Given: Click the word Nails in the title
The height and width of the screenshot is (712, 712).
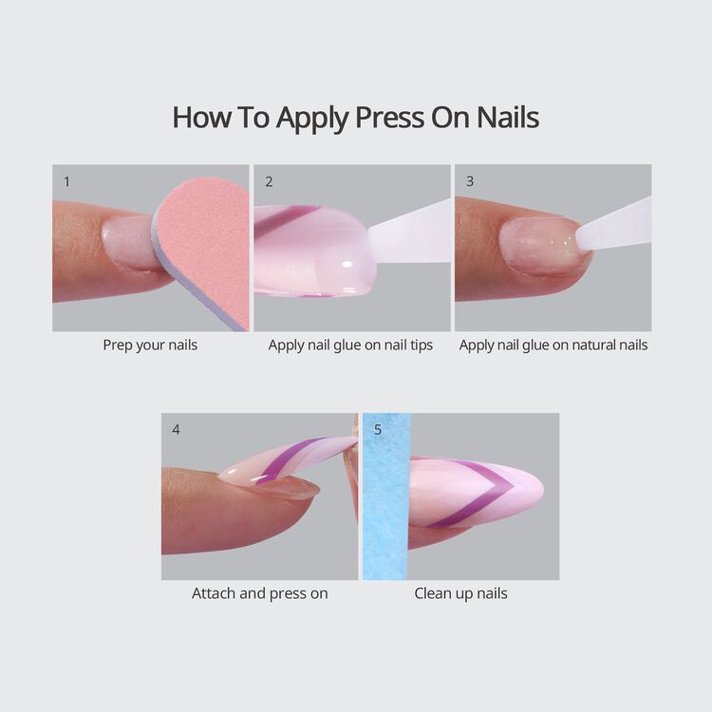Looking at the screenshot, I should pos(506,118).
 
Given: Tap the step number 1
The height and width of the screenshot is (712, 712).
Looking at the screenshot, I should pos(66,180).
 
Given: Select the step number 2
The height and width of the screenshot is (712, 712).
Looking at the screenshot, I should pos(270,180).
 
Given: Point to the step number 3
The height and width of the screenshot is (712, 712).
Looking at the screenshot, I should pos(470,180).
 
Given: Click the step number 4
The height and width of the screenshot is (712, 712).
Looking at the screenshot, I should pos(176,429).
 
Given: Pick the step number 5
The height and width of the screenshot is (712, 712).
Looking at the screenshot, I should pos(378,429).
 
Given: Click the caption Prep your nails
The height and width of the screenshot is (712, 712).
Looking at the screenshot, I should pos(150,345).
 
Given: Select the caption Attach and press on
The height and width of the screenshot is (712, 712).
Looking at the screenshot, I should pos(260,593).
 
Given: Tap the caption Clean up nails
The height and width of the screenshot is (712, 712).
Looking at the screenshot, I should pos(460,593).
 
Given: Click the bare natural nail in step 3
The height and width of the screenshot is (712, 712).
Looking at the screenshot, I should pos(536,245).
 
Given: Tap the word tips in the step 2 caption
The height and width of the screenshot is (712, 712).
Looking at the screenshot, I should pos(418,345).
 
